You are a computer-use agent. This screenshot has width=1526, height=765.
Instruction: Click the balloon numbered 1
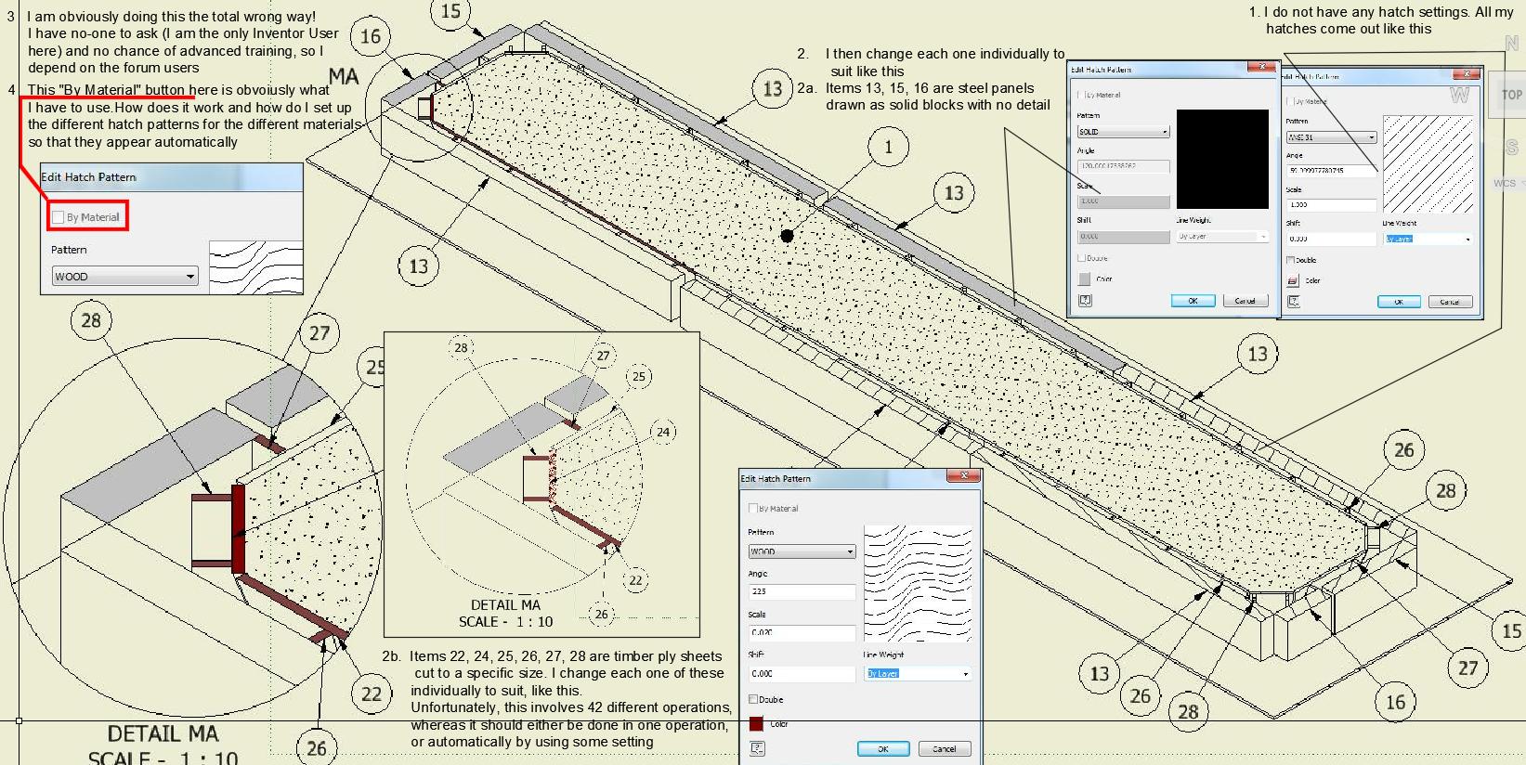coord(888,147)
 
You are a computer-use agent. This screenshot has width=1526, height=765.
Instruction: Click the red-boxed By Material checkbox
coord(59,217)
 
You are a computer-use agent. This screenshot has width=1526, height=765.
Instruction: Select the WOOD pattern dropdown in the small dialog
coord(124,277)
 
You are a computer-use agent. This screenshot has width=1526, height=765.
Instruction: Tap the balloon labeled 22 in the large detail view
coord(372,694)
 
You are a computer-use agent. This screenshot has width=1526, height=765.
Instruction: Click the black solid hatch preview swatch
coord(1221,159)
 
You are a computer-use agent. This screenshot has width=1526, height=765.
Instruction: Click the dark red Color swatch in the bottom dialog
coord(756,724)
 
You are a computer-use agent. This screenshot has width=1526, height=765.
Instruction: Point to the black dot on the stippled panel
coord(788,236)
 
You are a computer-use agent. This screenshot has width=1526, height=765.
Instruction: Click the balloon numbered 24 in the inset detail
coord(663,432)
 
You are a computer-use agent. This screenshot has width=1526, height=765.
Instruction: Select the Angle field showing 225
coord(801,591)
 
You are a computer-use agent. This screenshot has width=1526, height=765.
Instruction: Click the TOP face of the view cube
coord(1511,95)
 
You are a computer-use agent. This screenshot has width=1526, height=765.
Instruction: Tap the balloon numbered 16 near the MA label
coord(371,37)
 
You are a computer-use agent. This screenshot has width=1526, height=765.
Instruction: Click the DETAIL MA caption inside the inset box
coord(505,604)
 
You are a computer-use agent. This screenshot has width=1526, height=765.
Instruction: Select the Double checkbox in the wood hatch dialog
coord(753,699)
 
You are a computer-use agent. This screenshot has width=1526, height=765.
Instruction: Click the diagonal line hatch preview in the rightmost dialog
coord(1428,163)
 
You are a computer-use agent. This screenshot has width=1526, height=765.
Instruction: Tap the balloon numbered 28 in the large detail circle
coord(91,320)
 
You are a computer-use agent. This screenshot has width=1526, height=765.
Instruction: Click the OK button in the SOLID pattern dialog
coord(1193,301)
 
